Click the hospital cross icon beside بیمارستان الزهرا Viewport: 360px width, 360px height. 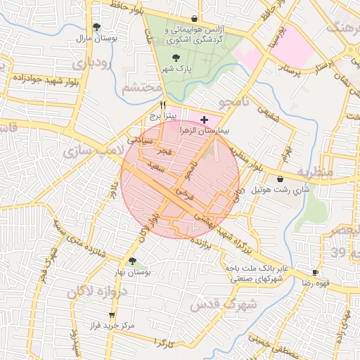tap(204, 120)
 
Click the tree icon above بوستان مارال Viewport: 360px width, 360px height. tap(97, 27)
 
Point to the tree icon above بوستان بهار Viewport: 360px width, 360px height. tap(132, 261)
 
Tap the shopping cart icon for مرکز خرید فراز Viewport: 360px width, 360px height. tap(111, 315)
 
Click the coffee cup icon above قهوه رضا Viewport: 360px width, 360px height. tap(315, 272)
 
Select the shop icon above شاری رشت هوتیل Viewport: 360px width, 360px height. tap(281, 179)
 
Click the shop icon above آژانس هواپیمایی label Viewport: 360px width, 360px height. tap(194, 19)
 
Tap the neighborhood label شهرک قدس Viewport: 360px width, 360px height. tap(215, 303)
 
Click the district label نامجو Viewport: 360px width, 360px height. tap(235, 103)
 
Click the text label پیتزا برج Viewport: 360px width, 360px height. tap(163, 114)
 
